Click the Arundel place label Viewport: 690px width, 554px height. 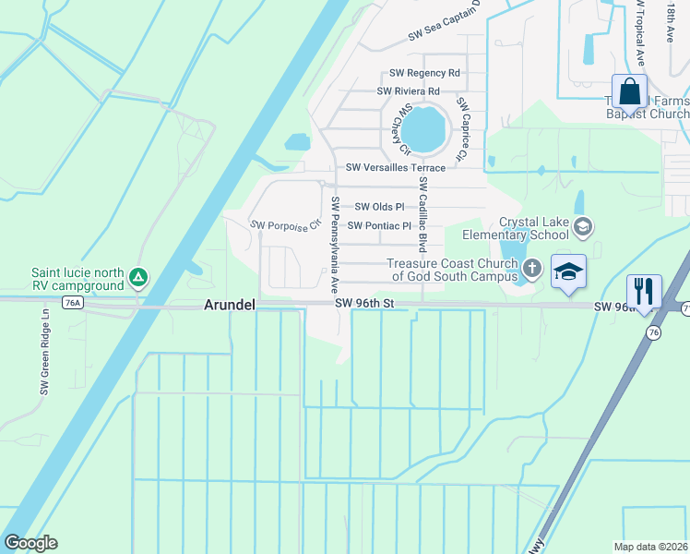(x=229, y=305)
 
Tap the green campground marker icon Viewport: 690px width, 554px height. (x=137, y=277)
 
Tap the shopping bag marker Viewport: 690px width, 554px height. (x=629, y=92)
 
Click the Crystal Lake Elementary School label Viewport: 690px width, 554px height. (x=534, y=228)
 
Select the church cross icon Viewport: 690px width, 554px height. (x=531, y=269)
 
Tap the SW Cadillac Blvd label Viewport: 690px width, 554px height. (x=422, y=223)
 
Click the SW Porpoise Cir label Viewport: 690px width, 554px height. (x=285, y=224)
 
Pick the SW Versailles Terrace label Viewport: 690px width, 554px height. (x=396, y=168)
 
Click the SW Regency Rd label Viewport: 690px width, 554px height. (x=424, y=73)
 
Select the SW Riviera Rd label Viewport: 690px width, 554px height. (x=408, y=91)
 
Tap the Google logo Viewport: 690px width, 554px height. (x=30, y=543)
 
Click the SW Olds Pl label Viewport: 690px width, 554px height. (x=379, y=207)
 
